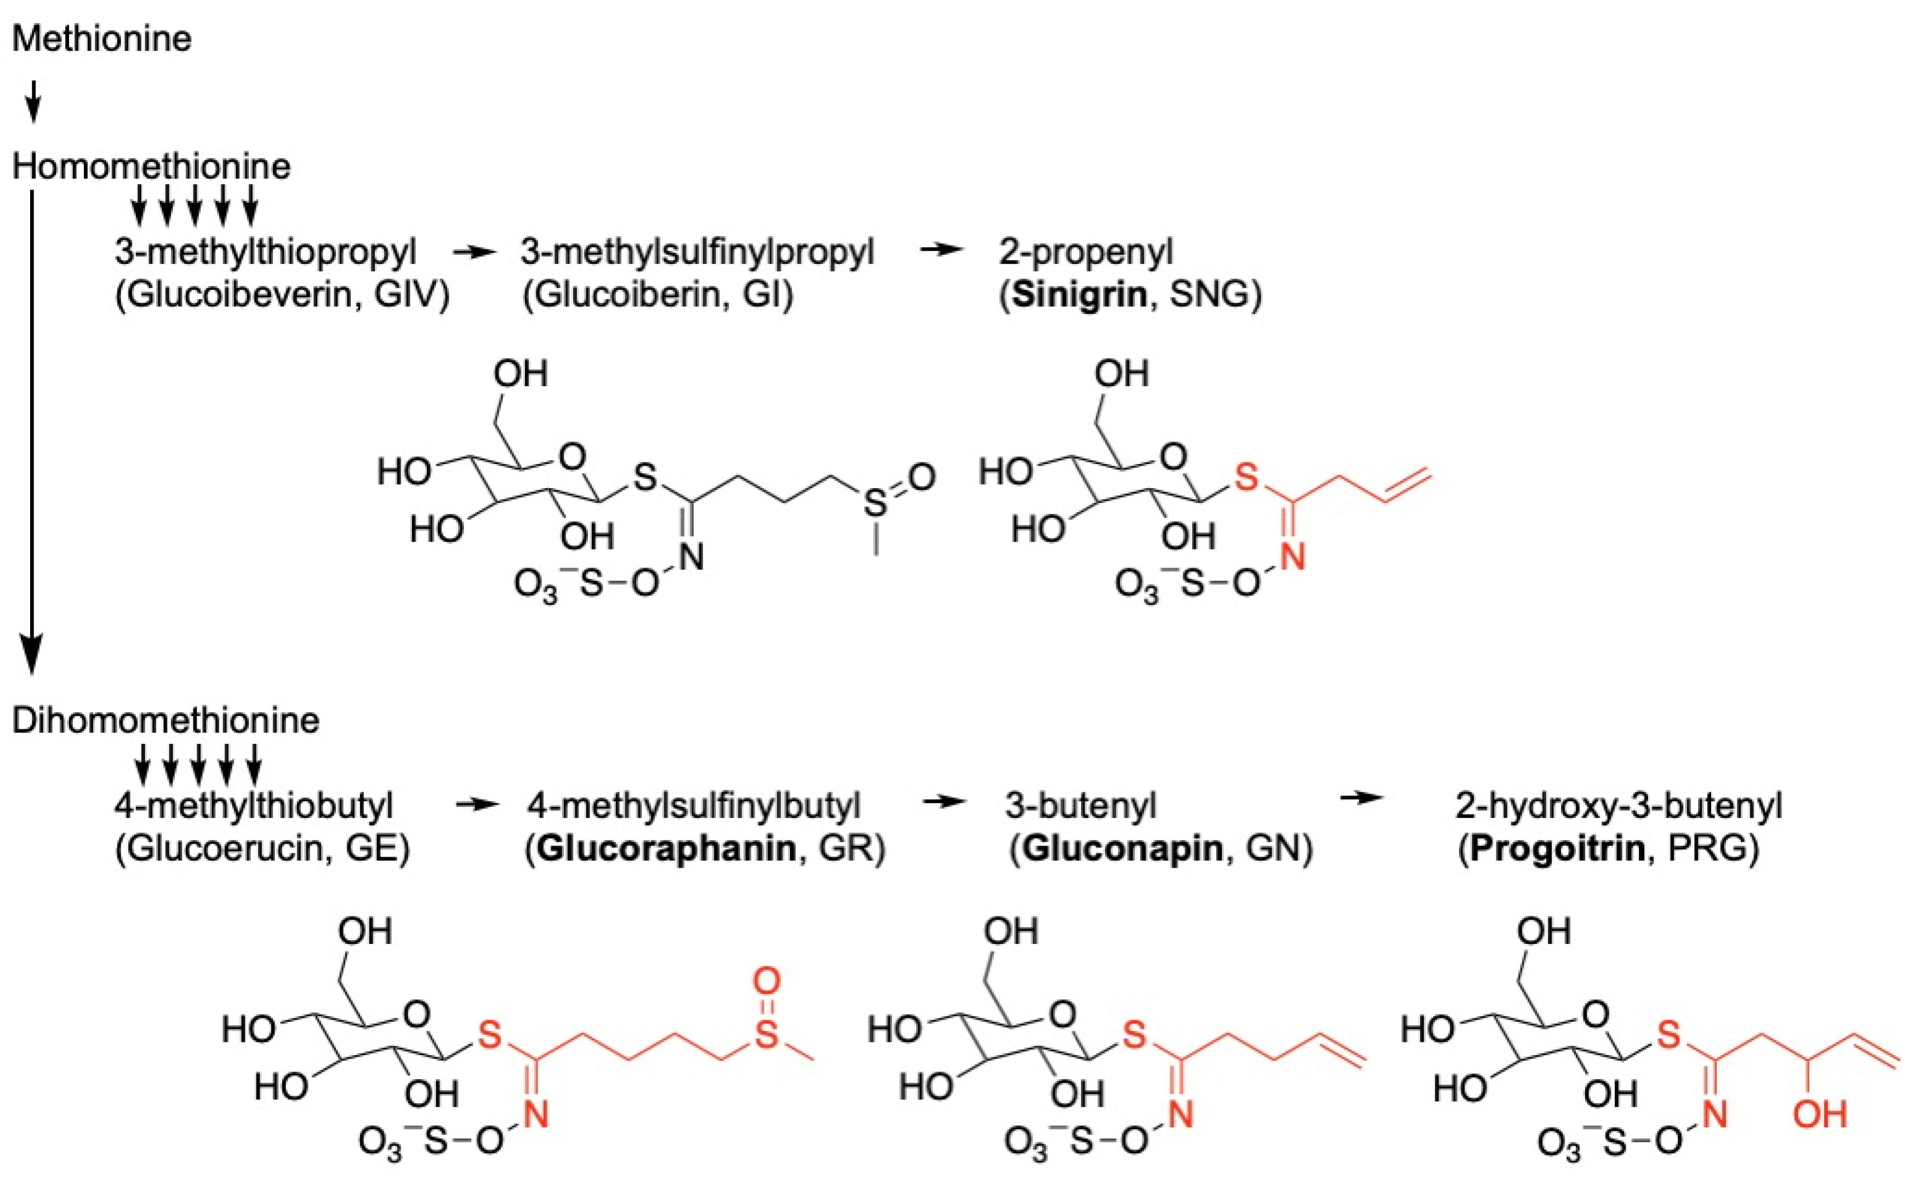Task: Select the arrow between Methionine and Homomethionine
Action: (33, 101)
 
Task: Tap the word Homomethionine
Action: (151, 166)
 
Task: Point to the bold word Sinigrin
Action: (1079, 295)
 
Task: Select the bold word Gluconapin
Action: (1122, 849)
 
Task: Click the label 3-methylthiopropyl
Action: (265, 252)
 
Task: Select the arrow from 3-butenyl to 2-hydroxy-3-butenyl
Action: (1361, 798)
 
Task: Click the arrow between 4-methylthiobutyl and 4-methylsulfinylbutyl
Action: (476, 805)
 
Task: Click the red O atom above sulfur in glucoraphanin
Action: (767, 980)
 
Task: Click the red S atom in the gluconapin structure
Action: (1134, 1035)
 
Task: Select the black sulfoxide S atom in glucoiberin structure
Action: (876, 503)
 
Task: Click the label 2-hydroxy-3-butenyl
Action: (1619, 805)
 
